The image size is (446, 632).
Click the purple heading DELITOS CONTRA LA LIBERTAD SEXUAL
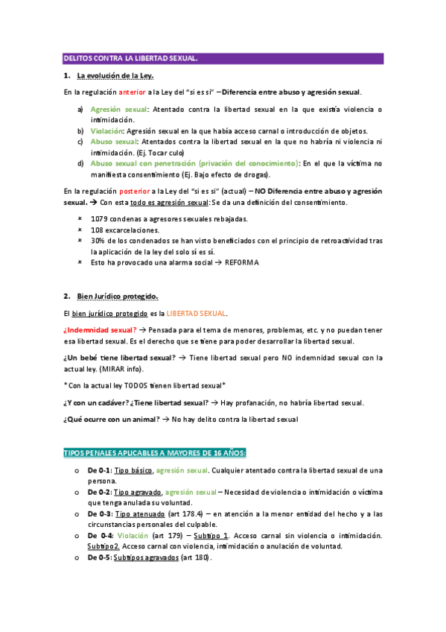tap(130, 58)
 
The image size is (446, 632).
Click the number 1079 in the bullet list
tap(99, 219)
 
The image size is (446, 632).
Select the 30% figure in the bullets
tap(98, 241)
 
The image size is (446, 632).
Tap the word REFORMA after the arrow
tap(243, 262)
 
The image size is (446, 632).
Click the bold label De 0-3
tap(99, 513)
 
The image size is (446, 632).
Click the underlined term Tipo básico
tap(134, 470)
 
